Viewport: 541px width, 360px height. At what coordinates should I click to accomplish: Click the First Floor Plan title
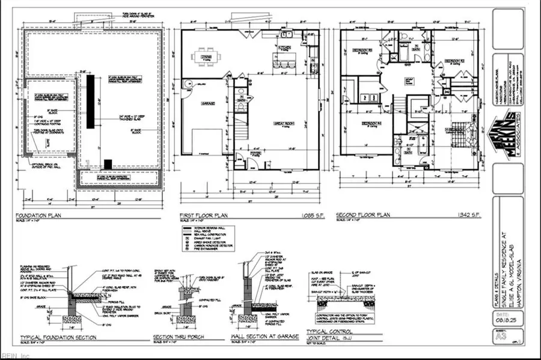(203, 213)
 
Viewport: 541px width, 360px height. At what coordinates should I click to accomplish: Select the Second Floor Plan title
(365, 213)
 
